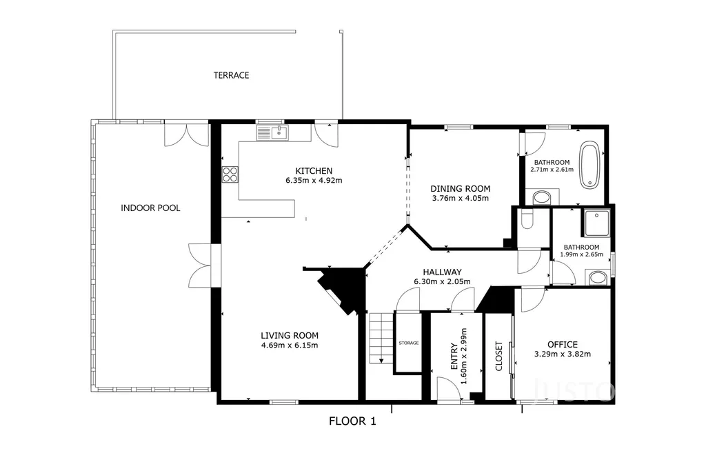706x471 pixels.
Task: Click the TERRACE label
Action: point(231,75)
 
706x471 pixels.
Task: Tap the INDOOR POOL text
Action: point(150,208)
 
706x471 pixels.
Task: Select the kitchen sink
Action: point(272,133)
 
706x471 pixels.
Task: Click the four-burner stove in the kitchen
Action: point(230,174)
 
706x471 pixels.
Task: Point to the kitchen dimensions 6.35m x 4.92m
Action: point(314,181)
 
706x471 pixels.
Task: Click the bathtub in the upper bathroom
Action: point(589,166)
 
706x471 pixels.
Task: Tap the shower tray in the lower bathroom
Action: point(597,223)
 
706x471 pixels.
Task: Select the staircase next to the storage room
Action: point(381,338)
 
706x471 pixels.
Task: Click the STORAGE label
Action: point(409,343)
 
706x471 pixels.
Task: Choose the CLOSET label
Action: point(499,356)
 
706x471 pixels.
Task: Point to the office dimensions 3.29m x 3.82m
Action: point(563,354)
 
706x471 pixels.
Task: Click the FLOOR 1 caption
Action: point(352,421)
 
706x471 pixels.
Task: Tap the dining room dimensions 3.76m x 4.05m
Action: point(460,198)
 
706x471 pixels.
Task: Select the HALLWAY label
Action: point(442,272)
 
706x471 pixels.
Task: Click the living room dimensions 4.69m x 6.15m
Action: point(290,345)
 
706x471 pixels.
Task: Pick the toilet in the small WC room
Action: point(526,220)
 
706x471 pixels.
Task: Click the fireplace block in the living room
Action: point(341,288)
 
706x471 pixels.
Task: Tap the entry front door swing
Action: point(448,389)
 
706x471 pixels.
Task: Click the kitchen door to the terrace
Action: point(326,134)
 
